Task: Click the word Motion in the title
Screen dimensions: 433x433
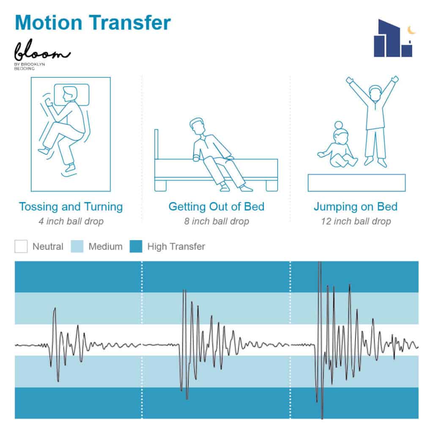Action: pyautogui.click(x=49, y=22)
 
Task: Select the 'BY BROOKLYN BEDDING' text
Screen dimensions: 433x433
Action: pyautogui.click(x=29, y=66)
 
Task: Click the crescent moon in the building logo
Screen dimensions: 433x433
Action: pyautogui.click(x=411, y=30)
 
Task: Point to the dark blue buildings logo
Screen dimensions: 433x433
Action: pyautogui.click(x=393, y=38)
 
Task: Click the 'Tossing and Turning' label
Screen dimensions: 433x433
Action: pyautogui.click(x=71, y=207)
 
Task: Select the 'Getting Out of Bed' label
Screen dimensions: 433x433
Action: pyautogui.click(x=216, y=207)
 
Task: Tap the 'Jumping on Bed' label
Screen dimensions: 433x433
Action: pyautogui.click(x=356, y=207)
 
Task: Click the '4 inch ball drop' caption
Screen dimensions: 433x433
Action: pyautogui.click(x=71, y=221)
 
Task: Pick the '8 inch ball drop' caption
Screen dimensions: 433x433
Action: pyautogui.click(x=216, y=221)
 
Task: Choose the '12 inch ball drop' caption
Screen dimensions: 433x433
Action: pyautogui.click(x=356, y=221)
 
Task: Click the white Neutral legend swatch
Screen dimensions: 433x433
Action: pyautogui.click(x=21, y=247)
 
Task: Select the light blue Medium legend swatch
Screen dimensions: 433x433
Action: pyautogui.click(x=77, y=247)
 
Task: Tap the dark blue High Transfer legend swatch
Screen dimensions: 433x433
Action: pyautogui.click(x=136, y=247)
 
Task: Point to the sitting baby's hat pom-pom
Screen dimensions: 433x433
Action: pyautogui.click(x=339, y=125)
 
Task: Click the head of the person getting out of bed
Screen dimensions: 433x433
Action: pyautogui.click(x=198, y=126)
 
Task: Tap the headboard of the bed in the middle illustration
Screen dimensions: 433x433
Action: pyautogui.click(x=156, y=144)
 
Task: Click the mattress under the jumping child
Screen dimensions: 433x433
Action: pyautogui.click(x=356, y=183)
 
